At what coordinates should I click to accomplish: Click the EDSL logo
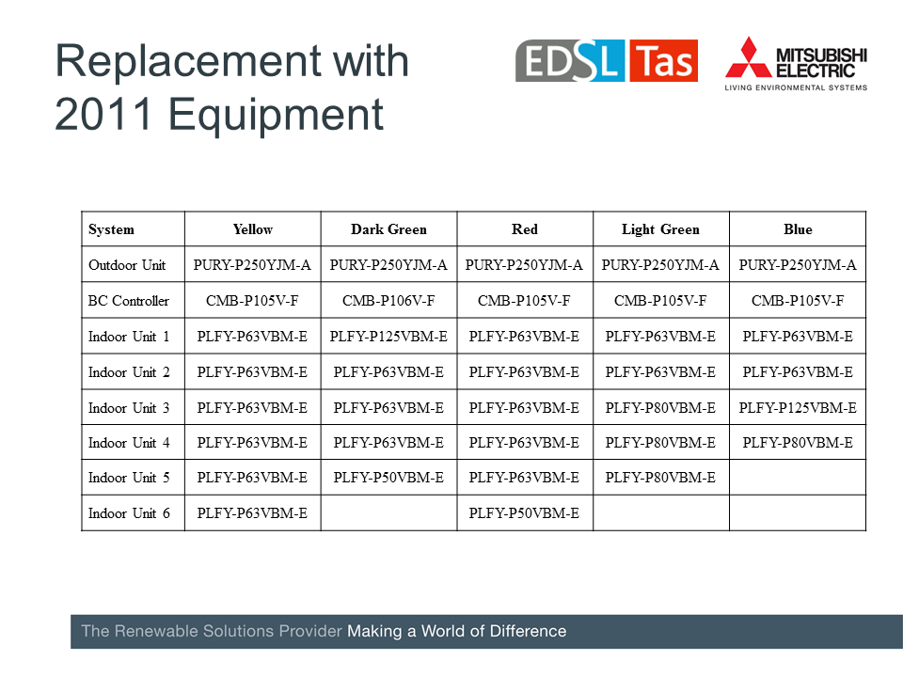570,60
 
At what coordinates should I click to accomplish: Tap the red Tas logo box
663,60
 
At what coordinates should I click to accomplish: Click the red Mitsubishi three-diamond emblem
748,57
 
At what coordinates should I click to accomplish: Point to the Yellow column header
253,229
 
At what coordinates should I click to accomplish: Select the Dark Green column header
388,229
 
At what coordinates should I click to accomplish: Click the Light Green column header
660,229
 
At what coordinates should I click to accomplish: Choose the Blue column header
798,229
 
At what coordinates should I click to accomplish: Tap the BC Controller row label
129,301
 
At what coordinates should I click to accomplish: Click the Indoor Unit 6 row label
129,513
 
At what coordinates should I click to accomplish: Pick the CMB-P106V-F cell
388,301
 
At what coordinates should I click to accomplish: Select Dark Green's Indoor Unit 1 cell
388,337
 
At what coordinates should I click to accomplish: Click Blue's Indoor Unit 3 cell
798,407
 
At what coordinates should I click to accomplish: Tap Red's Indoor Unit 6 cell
524,513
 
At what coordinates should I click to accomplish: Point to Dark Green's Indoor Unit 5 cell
388,478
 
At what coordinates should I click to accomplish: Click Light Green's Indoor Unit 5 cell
660,478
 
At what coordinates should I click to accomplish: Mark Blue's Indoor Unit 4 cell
798,443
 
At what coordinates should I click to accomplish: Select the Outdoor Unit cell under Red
524,265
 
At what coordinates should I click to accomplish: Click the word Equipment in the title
276,115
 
